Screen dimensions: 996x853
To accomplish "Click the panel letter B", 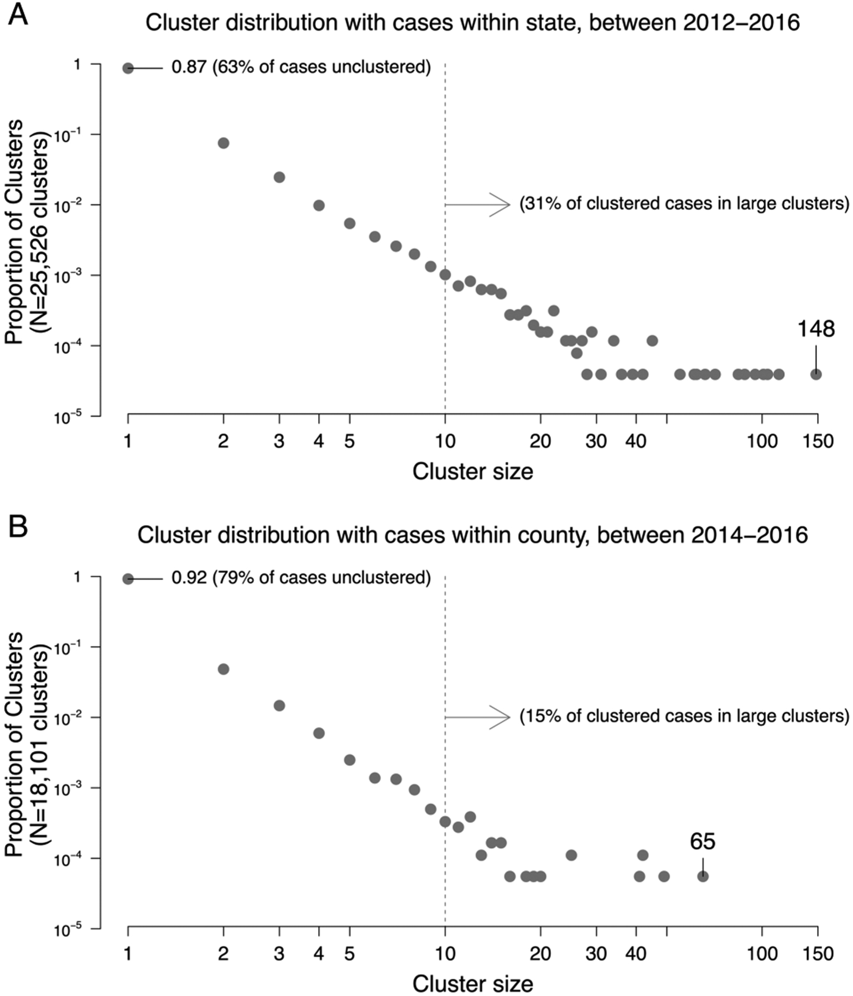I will [x=18, y=526].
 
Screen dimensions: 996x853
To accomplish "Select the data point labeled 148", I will [x=815, y=374].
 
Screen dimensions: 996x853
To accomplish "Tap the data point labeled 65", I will [x=703, y=876].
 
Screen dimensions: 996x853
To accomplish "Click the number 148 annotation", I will [x=815, y=329].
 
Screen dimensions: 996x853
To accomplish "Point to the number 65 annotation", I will [x=703, y=842].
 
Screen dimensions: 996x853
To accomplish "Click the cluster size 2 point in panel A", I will [x=223, y=143].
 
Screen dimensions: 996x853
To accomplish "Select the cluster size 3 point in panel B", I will [x=279, y=705].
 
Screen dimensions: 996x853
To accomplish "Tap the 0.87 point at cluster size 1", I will [x=128, y=68].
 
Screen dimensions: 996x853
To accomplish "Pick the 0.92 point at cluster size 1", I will [x=128, y=579].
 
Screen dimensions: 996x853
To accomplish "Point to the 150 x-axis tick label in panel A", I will [x=818, y=442].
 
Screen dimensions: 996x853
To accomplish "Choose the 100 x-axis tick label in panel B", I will [x=762, y=953].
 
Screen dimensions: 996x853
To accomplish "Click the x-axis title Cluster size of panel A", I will [x=472, y=471].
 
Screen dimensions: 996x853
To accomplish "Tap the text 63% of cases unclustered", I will [x=321, y=67].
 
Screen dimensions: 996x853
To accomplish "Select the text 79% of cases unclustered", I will [x=321, y=578].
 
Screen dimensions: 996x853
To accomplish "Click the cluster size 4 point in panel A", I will [x=319, y=205].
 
